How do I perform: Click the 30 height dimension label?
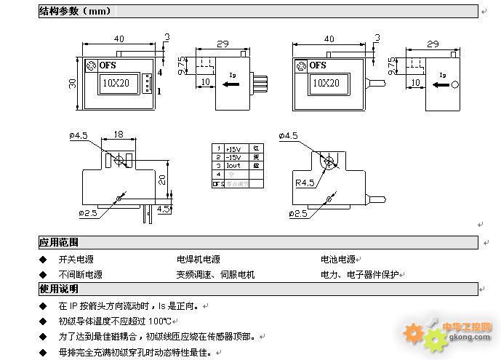(x=72, y=84)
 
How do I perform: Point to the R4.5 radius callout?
(x=305, y=182)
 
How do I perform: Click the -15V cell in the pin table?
(x=233, y=156)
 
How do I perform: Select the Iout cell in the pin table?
(x=233, y=165)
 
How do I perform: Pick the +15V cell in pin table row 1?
(x=233, y=148)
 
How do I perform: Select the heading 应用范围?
(x=58, y=242)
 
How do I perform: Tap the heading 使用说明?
(x=58, y=289)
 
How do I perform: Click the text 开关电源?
(x=76, y=259)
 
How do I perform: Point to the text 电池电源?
(x=338, y=259)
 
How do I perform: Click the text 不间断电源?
(x=80, y=275)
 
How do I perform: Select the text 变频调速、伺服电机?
(x=215, y=275)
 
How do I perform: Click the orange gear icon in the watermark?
(x=414, y=333)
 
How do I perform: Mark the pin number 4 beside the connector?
(x=159, y=73)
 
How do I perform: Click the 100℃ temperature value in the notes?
(x=159, y=321)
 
